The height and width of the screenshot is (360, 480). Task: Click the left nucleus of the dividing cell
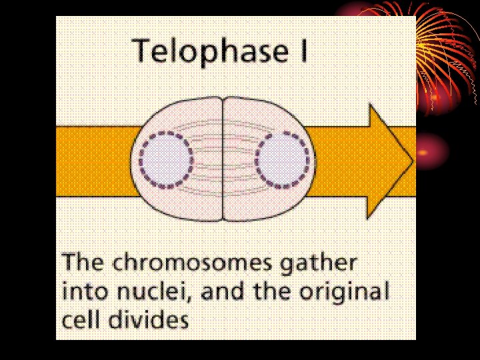tap(165, 161)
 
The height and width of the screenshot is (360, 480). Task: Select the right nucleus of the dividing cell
tap(283, 160)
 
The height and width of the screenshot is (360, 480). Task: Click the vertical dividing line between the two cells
tap(223, 160)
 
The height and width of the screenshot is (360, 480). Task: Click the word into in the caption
tap(83, 291)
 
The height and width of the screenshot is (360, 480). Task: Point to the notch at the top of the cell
tap(223, 98)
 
